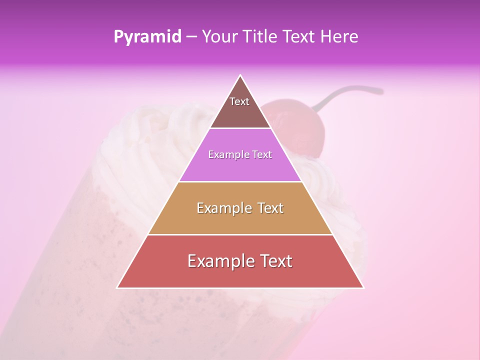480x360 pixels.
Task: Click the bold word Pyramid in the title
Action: coord(147,37)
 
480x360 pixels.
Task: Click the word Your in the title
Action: coord(219,37)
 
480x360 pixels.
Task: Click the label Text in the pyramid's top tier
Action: coord(239,102)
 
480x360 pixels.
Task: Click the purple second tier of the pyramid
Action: coord(240,167)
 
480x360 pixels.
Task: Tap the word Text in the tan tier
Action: coord(270,208)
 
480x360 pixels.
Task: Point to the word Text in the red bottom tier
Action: coord(276,261)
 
